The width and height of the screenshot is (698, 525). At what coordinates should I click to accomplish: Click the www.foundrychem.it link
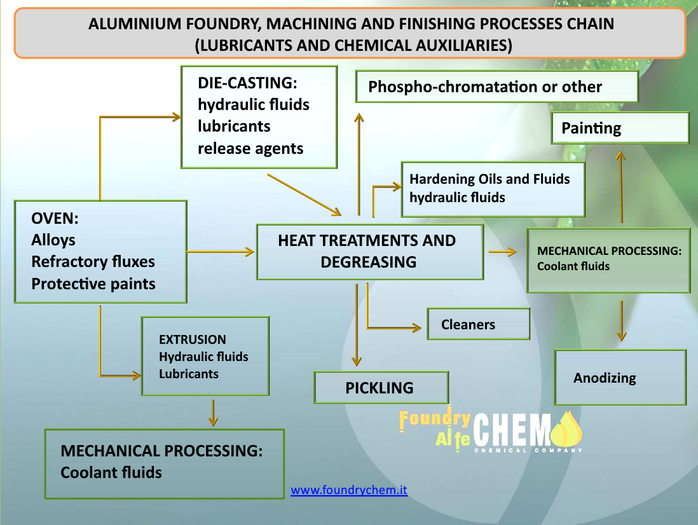[349, 490]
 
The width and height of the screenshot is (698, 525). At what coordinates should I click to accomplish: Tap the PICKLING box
[381, 388]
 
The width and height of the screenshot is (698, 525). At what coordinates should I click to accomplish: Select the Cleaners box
[478, 324]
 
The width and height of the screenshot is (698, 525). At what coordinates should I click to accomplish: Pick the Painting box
[620, 128]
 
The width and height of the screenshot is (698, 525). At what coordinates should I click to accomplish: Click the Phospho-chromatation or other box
[496, 86]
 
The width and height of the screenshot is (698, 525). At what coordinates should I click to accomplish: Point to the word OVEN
[55, 219]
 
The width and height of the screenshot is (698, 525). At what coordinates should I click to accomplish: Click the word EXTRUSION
[192, 339]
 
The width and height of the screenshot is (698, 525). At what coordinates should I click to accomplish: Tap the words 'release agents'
[250, 148]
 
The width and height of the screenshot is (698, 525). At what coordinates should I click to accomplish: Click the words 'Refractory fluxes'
[93, 261]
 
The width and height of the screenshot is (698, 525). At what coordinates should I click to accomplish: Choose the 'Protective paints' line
[93, 283]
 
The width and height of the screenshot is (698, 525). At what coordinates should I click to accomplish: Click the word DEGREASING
[368, 261]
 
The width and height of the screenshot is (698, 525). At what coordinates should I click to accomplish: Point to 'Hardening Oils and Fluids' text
[489, 179]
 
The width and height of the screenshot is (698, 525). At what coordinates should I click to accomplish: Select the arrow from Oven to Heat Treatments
[220, 252]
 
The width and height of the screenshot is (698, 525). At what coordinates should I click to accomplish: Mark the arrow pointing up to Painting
[621, 187]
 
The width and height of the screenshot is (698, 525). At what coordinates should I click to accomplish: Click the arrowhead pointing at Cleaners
[416, 328]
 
